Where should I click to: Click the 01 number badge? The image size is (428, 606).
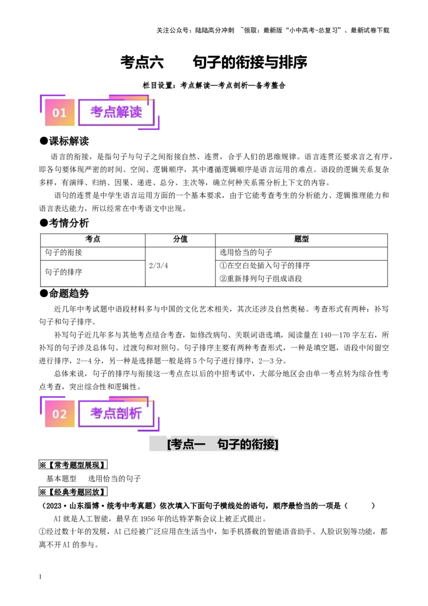click(x=59, y=112)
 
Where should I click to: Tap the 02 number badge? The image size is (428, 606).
click(x=59, y=414)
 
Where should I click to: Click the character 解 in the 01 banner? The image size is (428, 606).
click(x=123, y=112)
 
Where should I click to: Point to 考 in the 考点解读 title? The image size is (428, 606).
click(x=97, y=112)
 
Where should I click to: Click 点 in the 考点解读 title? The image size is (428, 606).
click(x=110, y=112)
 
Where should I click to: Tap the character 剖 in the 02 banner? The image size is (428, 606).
click(x=123, y=414)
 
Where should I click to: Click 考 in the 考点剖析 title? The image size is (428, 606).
click(x=97, y=414)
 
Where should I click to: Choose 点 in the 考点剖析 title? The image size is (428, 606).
click(x=110, y=414)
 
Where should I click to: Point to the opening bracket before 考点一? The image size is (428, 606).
click(x=169, y=444)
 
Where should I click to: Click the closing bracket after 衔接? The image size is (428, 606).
click(x=277, y=444)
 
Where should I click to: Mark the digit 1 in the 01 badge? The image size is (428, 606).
click(x=63, y=112)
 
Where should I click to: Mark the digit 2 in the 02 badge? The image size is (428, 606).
click(x=63, y=414)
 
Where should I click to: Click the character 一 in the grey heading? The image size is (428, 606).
click(x=200, y=444)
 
